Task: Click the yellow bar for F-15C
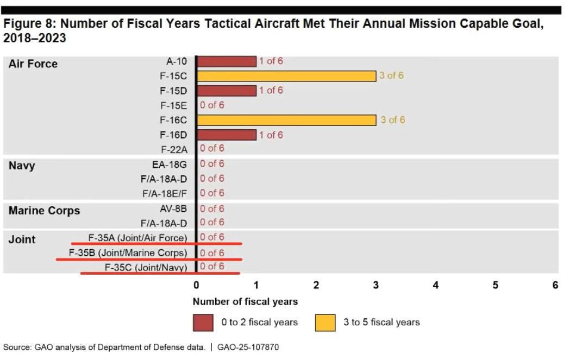tap(286, 76)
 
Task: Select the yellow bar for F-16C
tap(286, 120)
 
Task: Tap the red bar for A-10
tap(227, 61)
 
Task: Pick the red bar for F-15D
tap(227, 91)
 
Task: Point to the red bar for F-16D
tap(227, 135)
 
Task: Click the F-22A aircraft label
tap(174, 149)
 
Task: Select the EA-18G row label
tap(170, 163)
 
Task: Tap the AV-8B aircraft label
tap(173, 209)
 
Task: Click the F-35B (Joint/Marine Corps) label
tap(128, 253)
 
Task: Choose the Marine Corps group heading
tap(44, 211)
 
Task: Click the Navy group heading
tap(22, 166)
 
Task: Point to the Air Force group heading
tap(33, 64)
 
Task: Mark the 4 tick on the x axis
tap(435, 285)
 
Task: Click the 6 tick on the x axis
tap(555, 285)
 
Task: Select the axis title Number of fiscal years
tap(245, 301)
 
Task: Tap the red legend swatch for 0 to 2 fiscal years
tap(203, 323)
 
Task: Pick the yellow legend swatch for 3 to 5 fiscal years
tap(325, 323)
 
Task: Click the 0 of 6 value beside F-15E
tap(212, 105)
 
